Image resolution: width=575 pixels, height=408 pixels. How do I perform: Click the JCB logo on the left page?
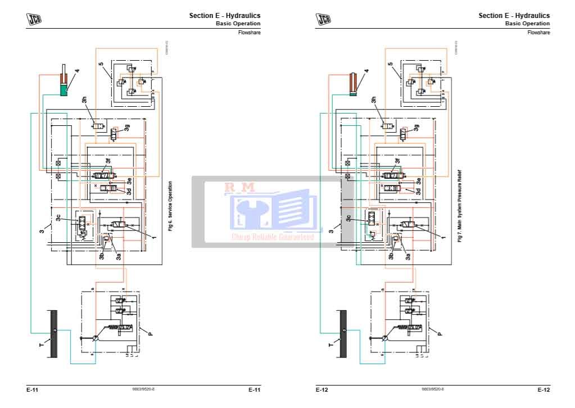pos(35,19)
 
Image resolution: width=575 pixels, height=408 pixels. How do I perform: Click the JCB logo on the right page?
pos(324,19)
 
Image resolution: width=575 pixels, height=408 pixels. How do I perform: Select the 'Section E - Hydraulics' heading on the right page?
pos(514,16)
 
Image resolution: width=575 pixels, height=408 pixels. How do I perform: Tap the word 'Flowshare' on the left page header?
pos(250,33)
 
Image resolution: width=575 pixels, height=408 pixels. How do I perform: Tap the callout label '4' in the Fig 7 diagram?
pos(366,71)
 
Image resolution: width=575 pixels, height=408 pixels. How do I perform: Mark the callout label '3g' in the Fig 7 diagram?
pos(416,128)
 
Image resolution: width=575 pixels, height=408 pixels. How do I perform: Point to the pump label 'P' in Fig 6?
pos(150,333)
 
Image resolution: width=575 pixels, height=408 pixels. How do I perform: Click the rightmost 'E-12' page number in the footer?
pos(543,389)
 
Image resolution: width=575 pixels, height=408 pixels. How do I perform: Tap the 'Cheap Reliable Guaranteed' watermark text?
pos(273,237)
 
